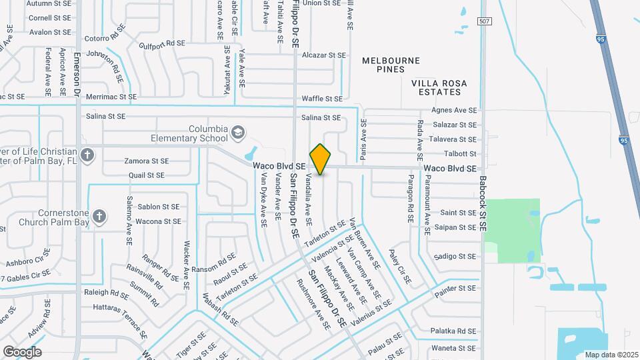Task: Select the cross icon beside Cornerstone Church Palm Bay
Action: point(99,216)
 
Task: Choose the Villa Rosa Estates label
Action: point(439,87)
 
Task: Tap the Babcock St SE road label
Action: point(483,201)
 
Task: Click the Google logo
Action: point(22,351)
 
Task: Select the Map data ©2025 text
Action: point(610,355)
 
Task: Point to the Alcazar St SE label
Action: point(324,55)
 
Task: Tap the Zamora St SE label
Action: point(147,161)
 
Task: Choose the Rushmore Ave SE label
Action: point(313,303)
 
